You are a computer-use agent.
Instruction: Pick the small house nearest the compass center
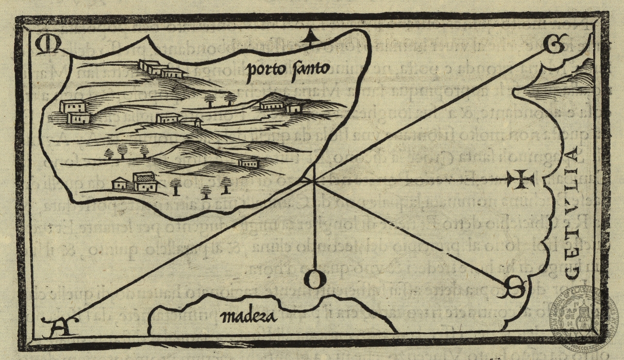(x=248, y=163)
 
